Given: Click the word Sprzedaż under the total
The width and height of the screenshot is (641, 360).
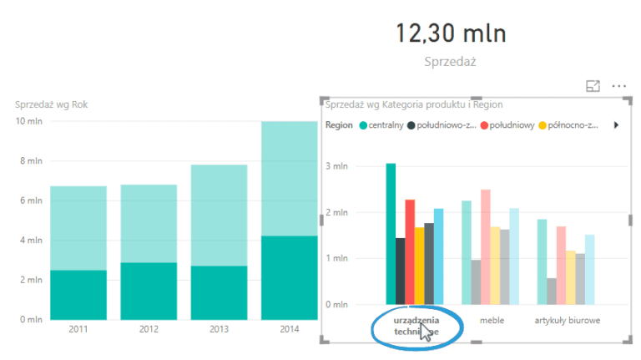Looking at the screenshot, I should tap(450, 61).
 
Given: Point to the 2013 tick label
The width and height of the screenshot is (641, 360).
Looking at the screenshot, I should tap(219, 329).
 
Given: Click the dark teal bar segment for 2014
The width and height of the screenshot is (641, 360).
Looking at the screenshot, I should tap(290, 277).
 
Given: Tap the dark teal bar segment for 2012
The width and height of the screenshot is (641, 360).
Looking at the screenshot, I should tap(149, 291).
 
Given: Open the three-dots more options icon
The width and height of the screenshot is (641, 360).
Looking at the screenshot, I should tap(618, 86).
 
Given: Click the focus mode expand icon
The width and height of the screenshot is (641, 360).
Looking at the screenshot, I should tap(593, 86).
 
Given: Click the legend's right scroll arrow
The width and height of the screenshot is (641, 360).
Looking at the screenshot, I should tap(617, 125).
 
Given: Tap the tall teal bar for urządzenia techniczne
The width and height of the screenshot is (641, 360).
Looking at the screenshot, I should tap(391, 234).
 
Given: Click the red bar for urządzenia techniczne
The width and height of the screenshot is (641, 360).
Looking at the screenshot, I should tap(410, 251).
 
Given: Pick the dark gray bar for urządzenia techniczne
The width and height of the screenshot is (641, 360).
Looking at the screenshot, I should tap(400, 271).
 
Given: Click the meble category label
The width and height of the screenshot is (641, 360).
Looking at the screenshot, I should tap(491, 320).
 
